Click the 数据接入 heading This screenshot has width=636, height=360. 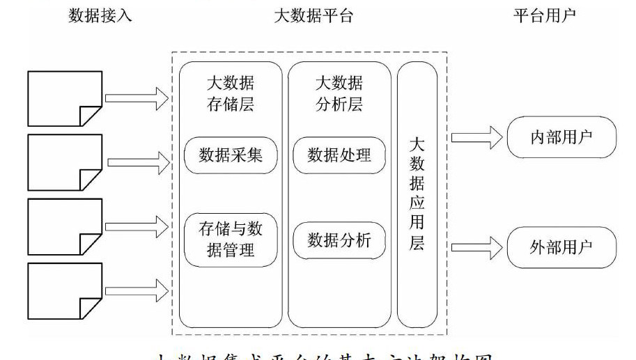coord(100,16)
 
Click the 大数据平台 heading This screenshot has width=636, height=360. coord(313,16)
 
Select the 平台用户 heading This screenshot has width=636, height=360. coord(545,16)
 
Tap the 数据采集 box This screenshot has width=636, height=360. coord(231,155)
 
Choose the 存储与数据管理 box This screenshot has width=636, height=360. coord(231,239)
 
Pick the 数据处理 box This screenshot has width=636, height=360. coord(339,155)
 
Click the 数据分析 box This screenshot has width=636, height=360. coord(339,240)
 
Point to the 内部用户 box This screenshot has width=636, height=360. coord(561,136)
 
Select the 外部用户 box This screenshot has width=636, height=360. coord(561,247)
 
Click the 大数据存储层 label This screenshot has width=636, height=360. coord(231,94)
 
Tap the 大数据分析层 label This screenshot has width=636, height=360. coord(339,94)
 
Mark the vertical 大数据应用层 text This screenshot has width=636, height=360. coord(417,194)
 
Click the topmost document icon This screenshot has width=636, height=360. coord(64,97)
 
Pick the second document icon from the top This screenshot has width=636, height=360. coord(64,162)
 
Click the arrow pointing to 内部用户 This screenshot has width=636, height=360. coord(477,137)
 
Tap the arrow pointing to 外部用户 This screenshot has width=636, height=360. coord(477,246)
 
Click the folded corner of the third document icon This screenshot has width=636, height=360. coord(91,244)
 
